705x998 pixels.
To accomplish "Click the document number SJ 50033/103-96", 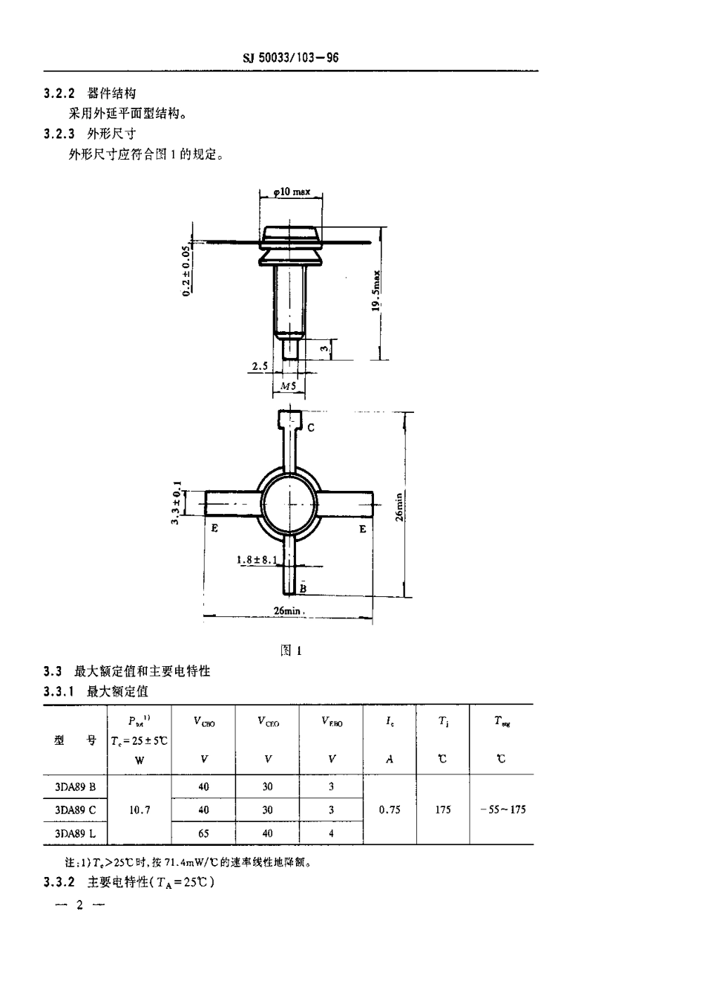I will (x=290, y=58).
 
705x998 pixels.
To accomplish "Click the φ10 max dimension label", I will (x=292, y=192).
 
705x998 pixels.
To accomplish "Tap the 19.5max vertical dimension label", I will (x=376, y=291).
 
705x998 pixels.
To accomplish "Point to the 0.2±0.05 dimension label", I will (x=186, y=272).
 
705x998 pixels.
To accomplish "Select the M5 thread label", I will (x=289, y=387).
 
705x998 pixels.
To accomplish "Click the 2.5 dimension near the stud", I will (x=259, y=367).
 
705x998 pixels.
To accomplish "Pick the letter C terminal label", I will (x=311, y=428).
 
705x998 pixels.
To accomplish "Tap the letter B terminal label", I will (x=303, y=587).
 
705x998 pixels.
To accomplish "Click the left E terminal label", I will (x=214, y=529).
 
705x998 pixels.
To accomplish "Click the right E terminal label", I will (x=363, y=529).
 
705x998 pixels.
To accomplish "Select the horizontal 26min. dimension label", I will (x=289, y=610).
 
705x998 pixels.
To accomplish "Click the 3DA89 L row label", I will (x=76, y=833).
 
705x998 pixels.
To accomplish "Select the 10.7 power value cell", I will (x=140, y=810).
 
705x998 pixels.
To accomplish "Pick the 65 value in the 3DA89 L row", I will (x=203, y=833).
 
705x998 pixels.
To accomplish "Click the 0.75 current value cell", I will (x=390, y=810).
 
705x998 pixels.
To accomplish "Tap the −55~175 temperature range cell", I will (x=502, y=810).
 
